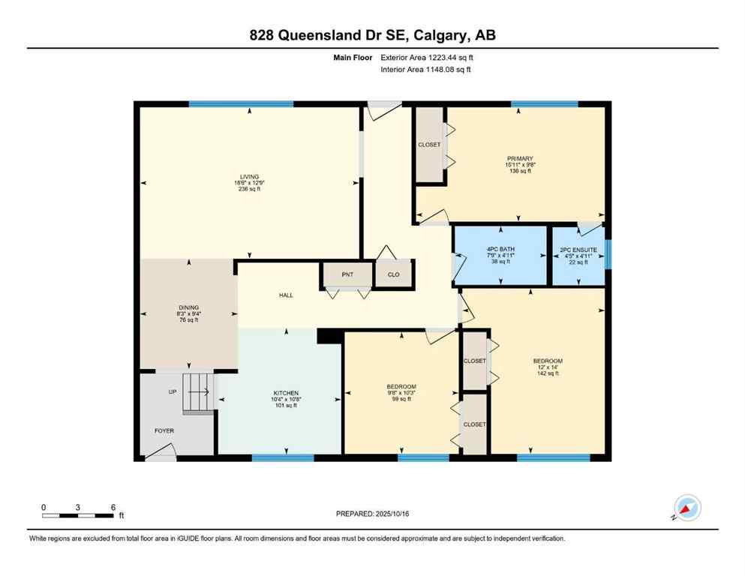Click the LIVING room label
tap(248, 177)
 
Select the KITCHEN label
tap(286, 394)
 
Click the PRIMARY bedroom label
tap(519, 159)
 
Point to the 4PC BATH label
tap(499, 250)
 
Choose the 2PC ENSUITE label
tap(578, 250)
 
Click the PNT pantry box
tap(347, 275)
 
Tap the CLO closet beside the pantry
tap(393, 275)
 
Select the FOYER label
tap(164, 430)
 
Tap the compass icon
tap(686, 508)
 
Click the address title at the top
tap(372, 35)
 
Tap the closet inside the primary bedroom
tap(430, 145)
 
